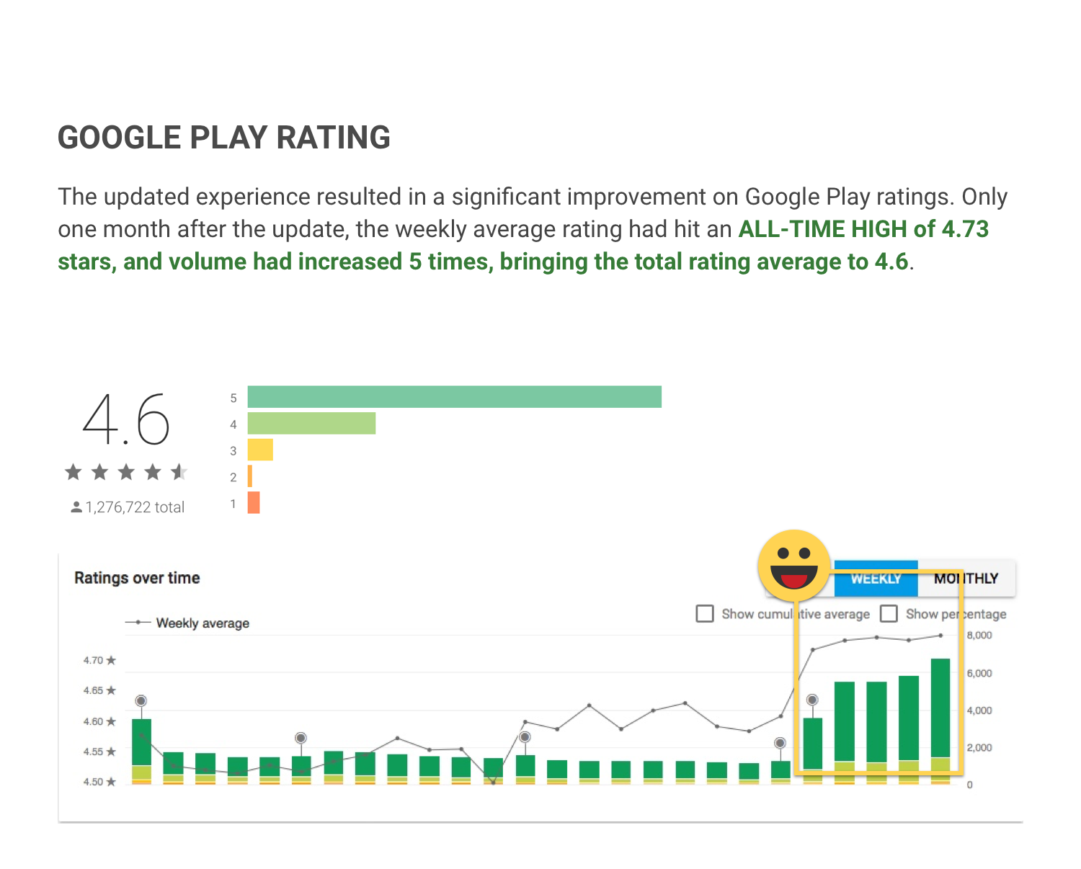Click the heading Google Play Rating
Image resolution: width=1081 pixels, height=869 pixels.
tap(224, 138)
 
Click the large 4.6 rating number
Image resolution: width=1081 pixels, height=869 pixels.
tap(126, 419)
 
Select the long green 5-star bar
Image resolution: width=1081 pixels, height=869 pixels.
tap(454, 397)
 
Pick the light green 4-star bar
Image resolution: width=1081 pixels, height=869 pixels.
tap(311, 424)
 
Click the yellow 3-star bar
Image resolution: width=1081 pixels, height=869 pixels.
tap(260, 450)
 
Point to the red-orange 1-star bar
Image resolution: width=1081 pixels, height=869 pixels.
tap(254, 502)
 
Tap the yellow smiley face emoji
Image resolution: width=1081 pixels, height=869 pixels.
tap(794, 566)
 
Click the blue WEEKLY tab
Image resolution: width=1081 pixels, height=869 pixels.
tap(876, 579)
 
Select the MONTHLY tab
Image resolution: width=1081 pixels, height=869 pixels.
tap(966, 579)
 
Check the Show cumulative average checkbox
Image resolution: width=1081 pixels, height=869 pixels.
tap(705, 614)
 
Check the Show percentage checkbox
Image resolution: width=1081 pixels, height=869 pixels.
tap(889, 614)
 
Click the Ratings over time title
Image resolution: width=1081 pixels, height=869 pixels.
tap(137, 578)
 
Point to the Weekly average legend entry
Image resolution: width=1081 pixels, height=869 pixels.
tap(203, 623)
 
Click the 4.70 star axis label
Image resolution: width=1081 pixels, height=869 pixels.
tap(99, 660)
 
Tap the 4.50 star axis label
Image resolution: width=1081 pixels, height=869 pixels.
tap(99, 782)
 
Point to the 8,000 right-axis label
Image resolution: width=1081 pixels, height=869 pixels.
tap(979, 636)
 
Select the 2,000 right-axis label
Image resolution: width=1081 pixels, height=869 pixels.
tap(979, 748)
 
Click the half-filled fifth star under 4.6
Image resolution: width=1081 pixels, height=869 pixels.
tap(179, 473)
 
